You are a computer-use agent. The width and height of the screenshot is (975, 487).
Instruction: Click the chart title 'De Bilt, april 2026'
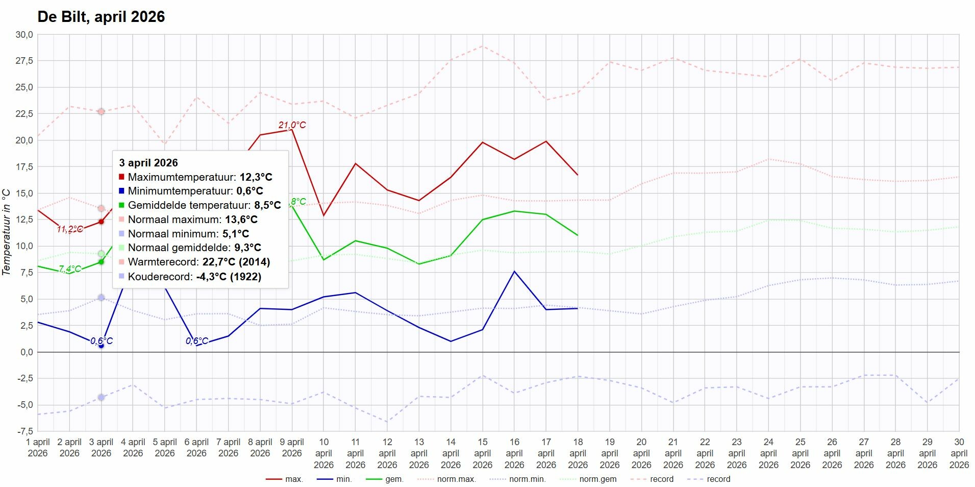click(x=101, y=17)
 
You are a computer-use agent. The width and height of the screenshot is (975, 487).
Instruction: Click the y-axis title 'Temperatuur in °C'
click(x=7, y=232)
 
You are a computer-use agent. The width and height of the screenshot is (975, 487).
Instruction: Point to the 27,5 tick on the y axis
click(x=24, y=61)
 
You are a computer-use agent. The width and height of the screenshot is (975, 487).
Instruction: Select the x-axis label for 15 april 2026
click(x=482, y=453)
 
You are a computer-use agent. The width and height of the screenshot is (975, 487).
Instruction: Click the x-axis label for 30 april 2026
click(x=959, y=453)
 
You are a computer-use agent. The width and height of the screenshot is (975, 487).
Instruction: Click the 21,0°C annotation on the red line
click(x=292, y=125)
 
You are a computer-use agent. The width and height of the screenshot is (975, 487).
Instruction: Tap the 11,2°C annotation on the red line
click(x=69, y=229)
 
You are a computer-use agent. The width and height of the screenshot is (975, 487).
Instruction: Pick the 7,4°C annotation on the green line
click(x=69, y=269)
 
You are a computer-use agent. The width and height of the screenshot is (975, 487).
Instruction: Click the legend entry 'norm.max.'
click(x=456, y=479)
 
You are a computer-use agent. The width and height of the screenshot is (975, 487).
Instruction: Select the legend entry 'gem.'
click(x=394, y=479)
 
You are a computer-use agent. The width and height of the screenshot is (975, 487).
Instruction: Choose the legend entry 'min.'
click(x=343, y=479)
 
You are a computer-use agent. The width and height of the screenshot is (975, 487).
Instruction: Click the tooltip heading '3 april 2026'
click(x=148, y=163)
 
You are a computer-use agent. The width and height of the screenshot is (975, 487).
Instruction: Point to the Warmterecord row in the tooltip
click(x=198, y=262)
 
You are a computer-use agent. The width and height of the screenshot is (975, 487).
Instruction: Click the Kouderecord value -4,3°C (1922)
click(x=229, y=276)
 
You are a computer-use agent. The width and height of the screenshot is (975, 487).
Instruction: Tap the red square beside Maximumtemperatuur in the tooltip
click(x=121, y=177)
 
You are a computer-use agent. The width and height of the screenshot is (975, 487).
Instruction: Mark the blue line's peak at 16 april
click(x=514, y=272)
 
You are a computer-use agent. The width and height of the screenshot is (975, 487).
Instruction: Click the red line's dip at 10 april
click(x=323, y=215)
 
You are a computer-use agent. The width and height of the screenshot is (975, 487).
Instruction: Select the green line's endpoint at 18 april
click(x=578, y=235)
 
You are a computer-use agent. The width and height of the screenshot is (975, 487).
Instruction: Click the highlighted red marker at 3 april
click(x=101, y=222)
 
